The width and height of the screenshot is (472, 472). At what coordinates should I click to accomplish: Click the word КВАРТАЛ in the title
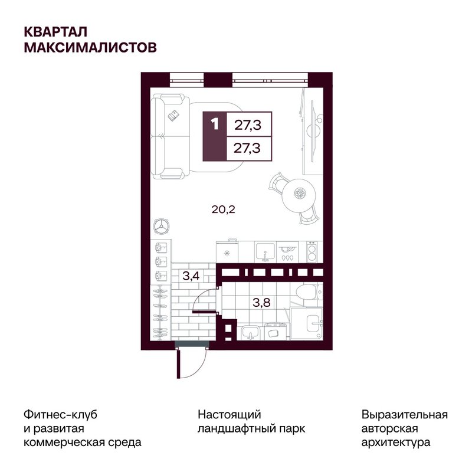[55, 32]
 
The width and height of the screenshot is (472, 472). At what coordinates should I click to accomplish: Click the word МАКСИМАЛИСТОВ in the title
[90, 48]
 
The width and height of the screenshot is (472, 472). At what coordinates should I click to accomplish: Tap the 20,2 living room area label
[224, 209]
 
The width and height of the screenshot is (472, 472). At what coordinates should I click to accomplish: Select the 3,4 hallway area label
[191, 276]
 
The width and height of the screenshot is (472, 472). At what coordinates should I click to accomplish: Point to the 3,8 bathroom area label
[261, 302]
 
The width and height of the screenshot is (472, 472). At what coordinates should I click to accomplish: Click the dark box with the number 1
[215, 136]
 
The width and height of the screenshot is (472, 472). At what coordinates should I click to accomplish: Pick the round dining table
[299, 194]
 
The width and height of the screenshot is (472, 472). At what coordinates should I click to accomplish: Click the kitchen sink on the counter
[265, 253]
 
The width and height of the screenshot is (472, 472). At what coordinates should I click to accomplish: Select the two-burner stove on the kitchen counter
[312, 253]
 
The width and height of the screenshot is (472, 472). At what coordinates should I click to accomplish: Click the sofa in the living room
[170, 136]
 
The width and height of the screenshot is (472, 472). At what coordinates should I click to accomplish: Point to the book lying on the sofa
[173, 115]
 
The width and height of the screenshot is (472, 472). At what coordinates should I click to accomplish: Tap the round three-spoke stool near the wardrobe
[161, 226]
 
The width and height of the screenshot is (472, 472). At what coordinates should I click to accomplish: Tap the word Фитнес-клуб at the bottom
[60, 415]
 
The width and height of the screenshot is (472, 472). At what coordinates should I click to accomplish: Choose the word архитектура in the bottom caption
[395, 442]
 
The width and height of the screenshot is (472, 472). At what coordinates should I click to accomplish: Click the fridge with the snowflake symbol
[227, 253]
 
